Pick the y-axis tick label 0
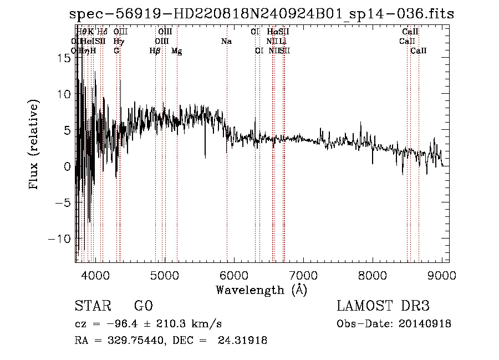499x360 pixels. click(x=67, y=166)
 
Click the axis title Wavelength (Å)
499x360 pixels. click(x=261, y=290)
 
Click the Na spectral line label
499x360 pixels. click(x=226, y=42)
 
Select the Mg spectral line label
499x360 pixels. click(x=176, y=51)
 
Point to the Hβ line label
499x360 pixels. click(x=155, y=51)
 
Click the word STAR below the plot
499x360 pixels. click(x=92, y=306)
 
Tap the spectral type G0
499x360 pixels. click(x=143, y=306)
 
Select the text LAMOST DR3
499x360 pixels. click(x=383, y=306)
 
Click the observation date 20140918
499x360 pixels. click(x=424, y=324)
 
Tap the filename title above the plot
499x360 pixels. click(x=262, y=14)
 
